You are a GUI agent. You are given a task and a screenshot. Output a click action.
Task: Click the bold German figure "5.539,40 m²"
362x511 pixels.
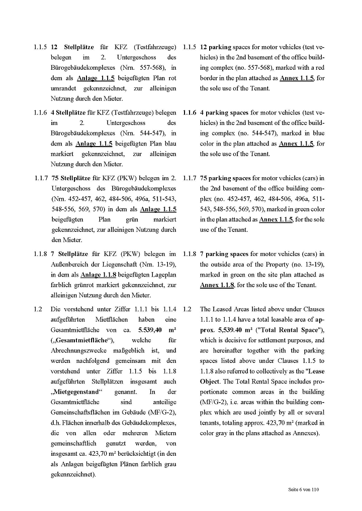[x=157, y=330]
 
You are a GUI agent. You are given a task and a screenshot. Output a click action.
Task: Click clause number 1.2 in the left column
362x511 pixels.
[x=38, y=310]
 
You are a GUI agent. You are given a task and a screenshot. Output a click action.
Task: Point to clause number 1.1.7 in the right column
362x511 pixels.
[x=190, y=178]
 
